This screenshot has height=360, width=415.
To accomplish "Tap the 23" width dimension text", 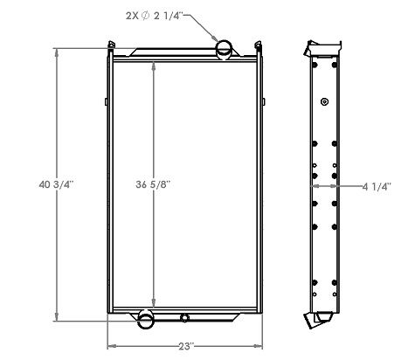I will point(185,347).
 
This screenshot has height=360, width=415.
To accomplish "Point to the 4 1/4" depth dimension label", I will point(377,184).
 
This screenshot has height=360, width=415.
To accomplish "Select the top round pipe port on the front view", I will point(224,49).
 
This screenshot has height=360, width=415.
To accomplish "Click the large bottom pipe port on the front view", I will point(146,318).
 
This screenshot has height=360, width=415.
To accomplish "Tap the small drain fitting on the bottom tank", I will point(184,317).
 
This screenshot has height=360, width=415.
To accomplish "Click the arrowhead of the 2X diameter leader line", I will point(218,38).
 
